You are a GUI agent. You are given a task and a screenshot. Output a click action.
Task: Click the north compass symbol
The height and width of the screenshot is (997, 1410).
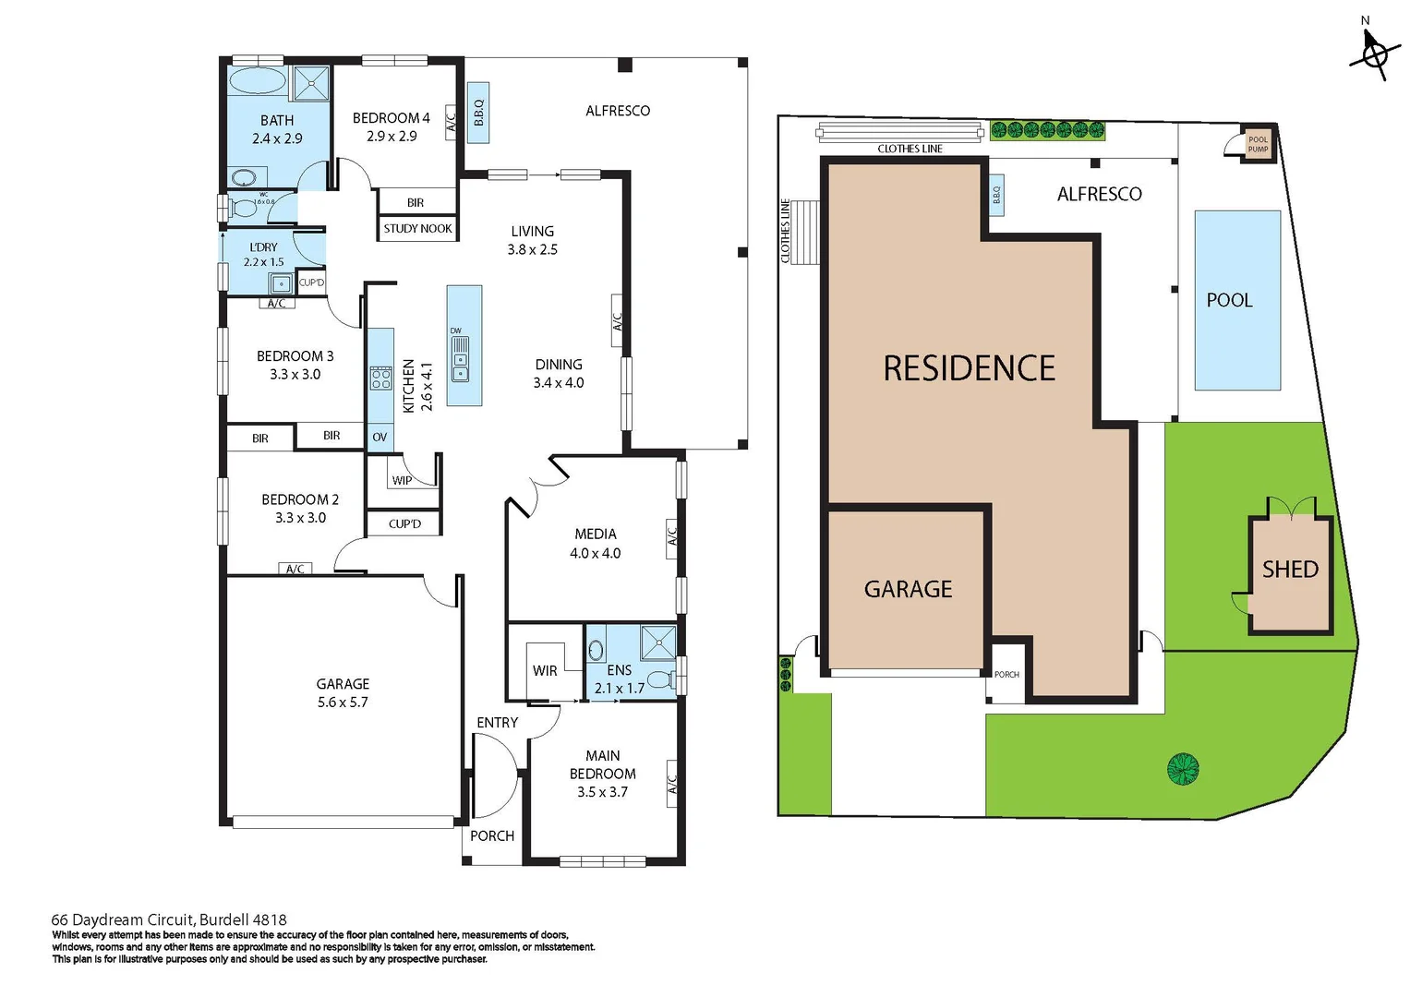click(1373, 54)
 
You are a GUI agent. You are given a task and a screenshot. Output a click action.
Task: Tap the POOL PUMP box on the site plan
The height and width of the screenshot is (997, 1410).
click(1258, 144)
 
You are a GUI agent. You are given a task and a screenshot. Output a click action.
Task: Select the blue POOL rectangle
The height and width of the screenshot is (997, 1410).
click(1237, 300)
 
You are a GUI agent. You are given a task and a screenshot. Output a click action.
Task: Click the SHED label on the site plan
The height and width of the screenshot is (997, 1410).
click(1290, 570)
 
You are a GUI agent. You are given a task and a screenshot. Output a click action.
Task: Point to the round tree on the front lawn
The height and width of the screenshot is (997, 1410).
click(1182, 768)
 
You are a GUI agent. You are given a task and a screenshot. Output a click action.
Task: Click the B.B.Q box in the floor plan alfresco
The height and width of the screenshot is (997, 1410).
click(478, 113)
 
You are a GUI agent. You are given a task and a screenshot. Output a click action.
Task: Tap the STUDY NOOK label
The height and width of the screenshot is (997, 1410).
click(417, 228)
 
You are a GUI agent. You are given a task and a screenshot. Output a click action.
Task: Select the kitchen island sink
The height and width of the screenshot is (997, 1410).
click(460, 359)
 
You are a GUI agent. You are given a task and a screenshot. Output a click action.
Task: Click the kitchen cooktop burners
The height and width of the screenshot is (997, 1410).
click(380, 378)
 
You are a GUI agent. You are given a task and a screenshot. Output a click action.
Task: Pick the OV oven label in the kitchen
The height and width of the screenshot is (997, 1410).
click(380, 438)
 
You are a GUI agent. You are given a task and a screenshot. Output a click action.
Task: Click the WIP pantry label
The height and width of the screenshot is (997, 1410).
click(402, 480)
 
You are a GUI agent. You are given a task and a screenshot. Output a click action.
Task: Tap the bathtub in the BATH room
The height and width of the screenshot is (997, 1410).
click(257, 80)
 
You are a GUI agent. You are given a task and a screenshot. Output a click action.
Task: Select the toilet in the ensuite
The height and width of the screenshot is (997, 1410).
click(660, 680)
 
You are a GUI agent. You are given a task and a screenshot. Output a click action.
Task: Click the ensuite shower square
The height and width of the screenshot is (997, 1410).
click(658, 643)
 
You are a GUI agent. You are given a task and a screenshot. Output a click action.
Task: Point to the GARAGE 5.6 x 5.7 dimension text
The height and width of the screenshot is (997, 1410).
click(343, 703)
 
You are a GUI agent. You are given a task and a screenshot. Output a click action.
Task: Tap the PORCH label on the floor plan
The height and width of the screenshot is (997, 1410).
click(492, 835)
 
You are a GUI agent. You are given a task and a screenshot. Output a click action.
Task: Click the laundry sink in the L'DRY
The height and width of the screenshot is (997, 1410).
click(280, 283)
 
